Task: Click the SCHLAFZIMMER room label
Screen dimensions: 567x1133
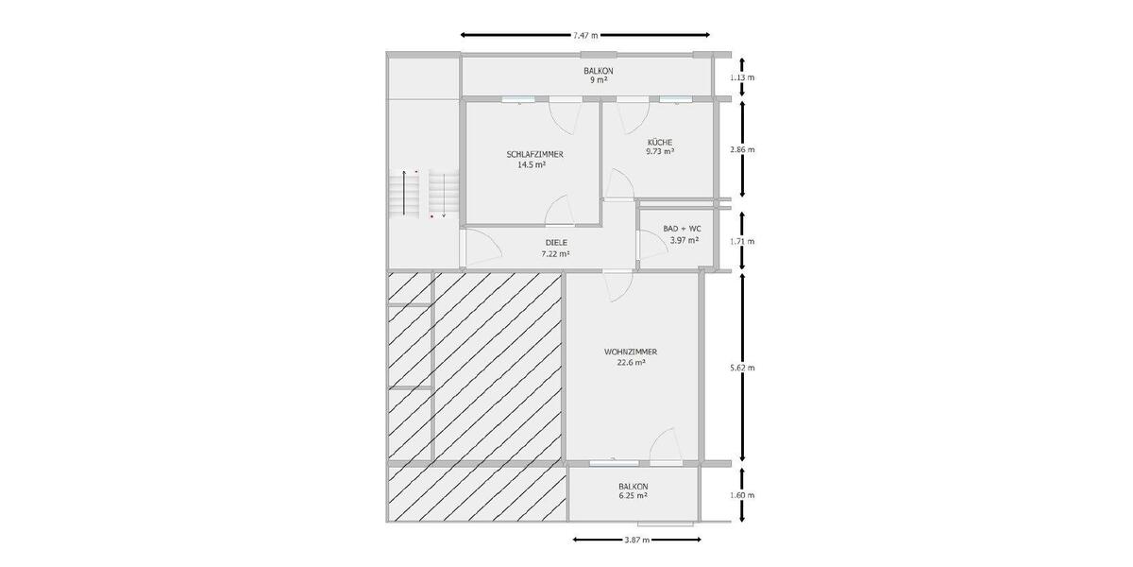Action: coord(535,153)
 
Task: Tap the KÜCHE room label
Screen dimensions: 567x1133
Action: coord(659,142)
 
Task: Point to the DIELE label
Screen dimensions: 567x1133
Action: coord(555,243)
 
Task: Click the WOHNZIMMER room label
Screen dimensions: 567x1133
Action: coord(631,352)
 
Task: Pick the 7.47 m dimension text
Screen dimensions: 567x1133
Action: coord(585,35)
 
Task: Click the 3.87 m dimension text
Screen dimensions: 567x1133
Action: coord(637,541)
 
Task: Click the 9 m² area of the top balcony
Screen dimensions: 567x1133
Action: coord(599,81)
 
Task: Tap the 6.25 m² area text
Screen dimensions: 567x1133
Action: coord(633,495)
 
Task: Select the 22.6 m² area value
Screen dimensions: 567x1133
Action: coord(631,362)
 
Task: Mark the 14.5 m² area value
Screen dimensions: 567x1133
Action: coord(532,163)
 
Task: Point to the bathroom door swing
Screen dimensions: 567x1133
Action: coord(651,247)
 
